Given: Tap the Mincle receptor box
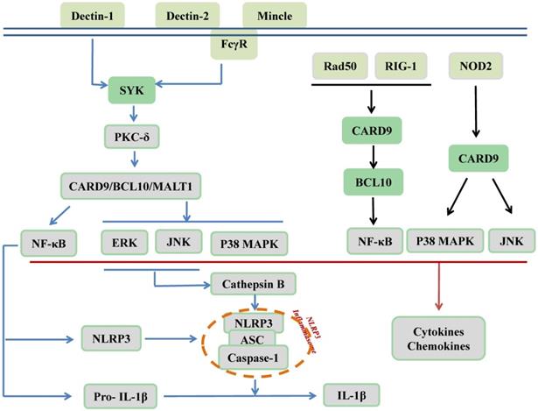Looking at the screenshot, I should pyautogui.click(x=275, y=14).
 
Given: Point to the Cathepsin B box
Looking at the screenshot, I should pyautogui.click(x=254, y=283).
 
